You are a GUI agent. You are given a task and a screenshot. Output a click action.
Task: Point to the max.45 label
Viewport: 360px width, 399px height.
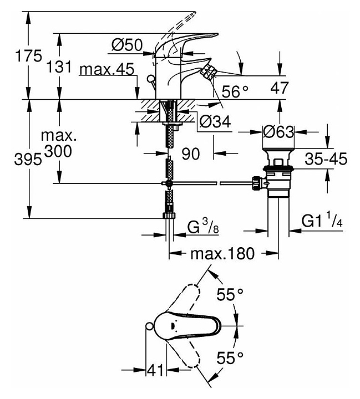pos(108,69)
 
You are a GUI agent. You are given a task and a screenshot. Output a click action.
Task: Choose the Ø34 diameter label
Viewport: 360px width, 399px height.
pos(214,120)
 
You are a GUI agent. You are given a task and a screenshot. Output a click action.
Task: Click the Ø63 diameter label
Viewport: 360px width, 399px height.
pos(278,132)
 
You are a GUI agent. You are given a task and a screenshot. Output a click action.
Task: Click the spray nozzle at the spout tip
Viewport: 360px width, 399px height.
pos(210,71)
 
